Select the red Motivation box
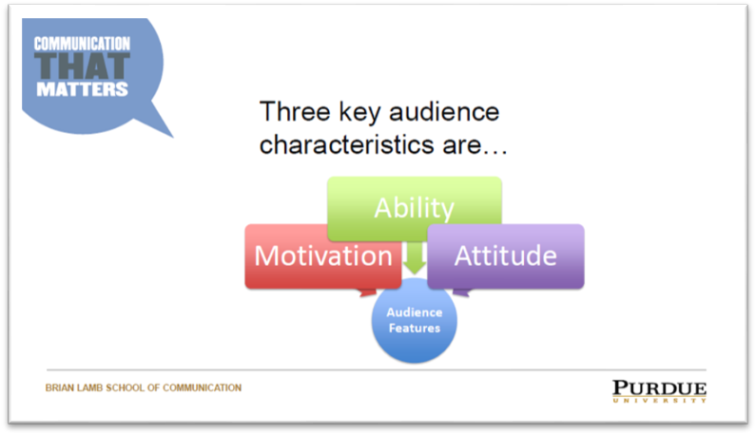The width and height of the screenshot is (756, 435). click(323, 255)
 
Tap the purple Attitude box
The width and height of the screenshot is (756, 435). click(506, 255)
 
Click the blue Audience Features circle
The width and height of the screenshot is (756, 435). click(415, 320)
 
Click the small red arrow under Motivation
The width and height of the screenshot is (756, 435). click(367, 292)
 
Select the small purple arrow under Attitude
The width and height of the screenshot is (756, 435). click(461, 292)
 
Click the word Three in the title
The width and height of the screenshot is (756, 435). click(295, 112)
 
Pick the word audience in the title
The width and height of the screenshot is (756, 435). click(444, 112)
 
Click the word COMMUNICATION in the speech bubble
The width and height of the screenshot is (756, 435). click(82, 44)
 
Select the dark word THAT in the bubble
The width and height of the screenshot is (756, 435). click(82, 66)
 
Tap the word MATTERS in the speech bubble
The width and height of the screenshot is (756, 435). click(82, 89)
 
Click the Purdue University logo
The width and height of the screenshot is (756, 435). click(659, 391)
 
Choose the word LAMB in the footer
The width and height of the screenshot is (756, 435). click(89, 388)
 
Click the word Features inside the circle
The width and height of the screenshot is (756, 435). click(415, 328)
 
